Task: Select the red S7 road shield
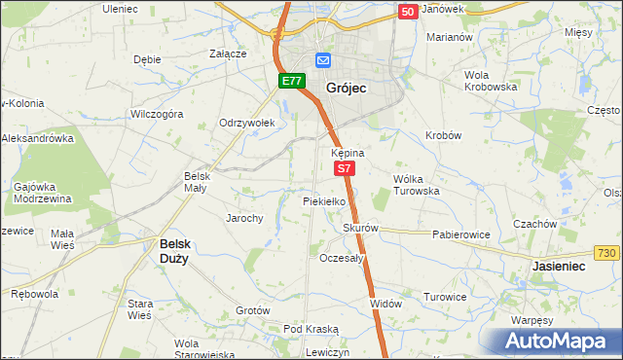345,169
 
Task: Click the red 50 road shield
409,11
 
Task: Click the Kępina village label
348,154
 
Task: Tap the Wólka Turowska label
417,185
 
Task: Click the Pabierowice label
460,234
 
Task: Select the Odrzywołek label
247,123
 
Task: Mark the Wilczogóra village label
157,114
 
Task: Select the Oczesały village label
341,259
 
